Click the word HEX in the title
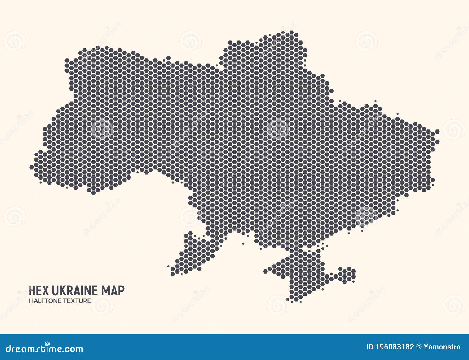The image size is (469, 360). pyautogui.click(x=39, y=291)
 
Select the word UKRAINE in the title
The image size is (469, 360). pyautogui.click(x=75, y=291)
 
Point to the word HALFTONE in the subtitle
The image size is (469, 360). pyautogui.click(x=47, y=301)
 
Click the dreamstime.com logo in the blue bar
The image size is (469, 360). pyautogui.click(x=45, y=348)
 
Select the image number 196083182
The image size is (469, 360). pyautogui.click(x=395, y=347)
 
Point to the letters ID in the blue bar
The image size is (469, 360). pyautogui.click(x=370, y=347)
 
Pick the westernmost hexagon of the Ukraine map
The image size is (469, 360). pyautogui.click(x=32, y=167)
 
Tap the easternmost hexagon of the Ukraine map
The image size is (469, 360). pyautogui.click(x=437, y=132)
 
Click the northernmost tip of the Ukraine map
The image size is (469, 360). pyautogui.click(x=292, y=33)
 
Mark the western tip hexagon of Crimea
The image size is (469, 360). pyautogui.click(x=265, y=271)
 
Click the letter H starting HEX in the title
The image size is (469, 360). pyautogui.click(x=32, y=291)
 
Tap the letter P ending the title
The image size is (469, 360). pyautogui.click(x=121, y=291)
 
